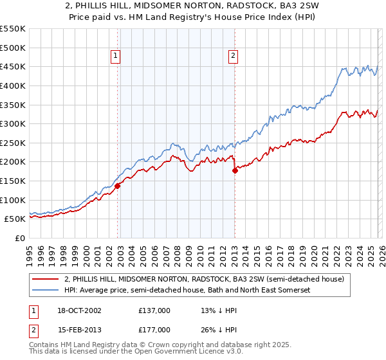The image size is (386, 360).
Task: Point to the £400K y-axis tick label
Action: tap(13, 85)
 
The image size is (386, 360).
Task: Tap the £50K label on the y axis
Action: tap(15, 219)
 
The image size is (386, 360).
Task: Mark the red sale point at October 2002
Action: tap(118, 186)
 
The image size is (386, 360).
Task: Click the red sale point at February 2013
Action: tap(234, 170)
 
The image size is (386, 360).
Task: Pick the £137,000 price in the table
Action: tap(154, 310)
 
